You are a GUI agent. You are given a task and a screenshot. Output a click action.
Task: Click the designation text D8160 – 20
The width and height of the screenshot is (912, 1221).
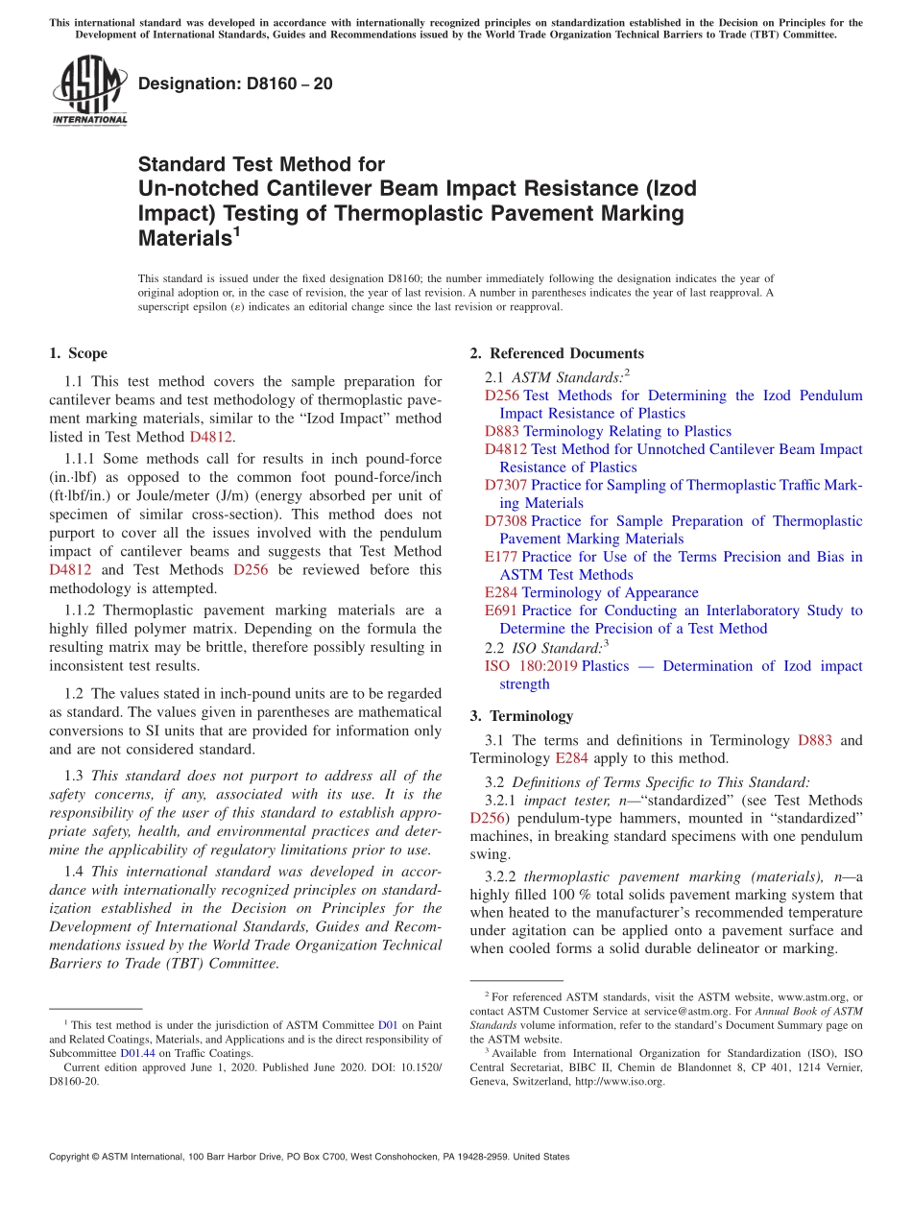pyautogui.click(x=235, y=84)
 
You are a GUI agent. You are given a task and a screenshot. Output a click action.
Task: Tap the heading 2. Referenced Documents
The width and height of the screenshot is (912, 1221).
pyautogui.click(x=557, y=353)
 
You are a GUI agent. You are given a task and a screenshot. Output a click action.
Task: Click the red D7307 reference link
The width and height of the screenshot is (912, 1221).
pyautogui.click(x=505, y=485)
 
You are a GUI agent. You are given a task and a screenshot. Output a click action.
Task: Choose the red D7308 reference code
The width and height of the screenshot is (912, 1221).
pyautogui.click(x=505, y=521)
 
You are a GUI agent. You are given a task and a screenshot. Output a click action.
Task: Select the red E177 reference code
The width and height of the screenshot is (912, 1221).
pyautogui.click(x=500, y=557)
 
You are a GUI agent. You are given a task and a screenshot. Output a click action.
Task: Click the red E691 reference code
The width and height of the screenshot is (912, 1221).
pyautogui.click(x=500, y=610)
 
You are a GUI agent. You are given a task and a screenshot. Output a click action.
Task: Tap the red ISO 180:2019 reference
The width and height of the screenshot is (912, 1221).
pyautogui.click(x=531, y=666)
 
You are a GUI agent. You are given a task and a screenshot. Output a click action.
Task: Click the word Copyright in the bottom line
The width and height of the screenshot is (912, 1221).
pyautogui.click(x=73, y=1157)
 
